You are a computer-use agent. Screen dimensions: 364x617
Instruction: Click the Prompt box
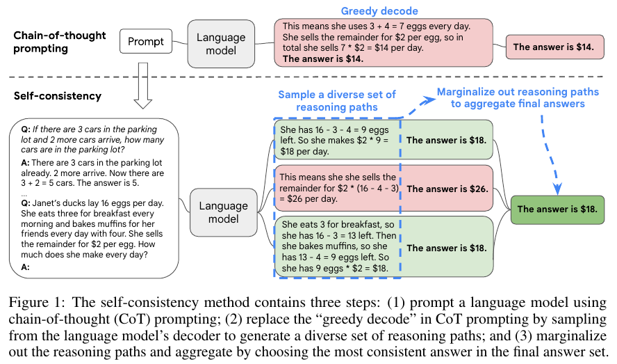pyautogui.click(x=146, y=42)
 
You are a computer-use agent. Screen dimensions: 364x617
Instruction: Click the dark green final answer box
pyautogui.click(x=557, y=209)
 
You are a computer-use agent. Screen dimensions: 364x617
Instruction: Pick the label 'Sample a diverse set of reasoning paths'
pyautogui.click(x=336, y=100)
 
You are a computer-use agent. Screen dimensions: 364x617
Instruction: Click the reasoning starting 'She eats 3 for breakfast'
pyautogui.click(x=337, y=246)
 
